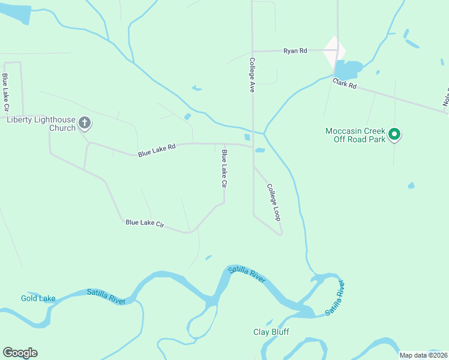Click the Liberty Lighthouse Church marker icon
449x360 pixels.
[85, 124]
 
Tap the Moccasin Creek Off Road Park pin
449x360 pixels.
[394, 134]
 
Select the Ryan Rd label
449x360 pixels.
[295, 51]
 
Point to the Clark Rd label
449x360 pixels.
[345, 85]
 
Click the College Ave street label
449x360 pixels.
[253, 74]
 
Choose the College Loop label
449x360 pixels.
[274, 202]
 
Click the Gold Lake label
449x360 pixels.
[38, 298]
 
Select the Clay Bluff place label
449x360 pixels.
[271, 332]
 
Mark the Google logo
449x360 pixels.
[20, 353]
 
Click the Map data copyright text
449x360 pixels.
[423, 355]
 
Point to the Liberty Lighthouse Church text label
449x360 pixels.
[41, 123]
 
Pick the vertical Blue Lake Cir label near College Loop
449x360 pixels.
[224, 170]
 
